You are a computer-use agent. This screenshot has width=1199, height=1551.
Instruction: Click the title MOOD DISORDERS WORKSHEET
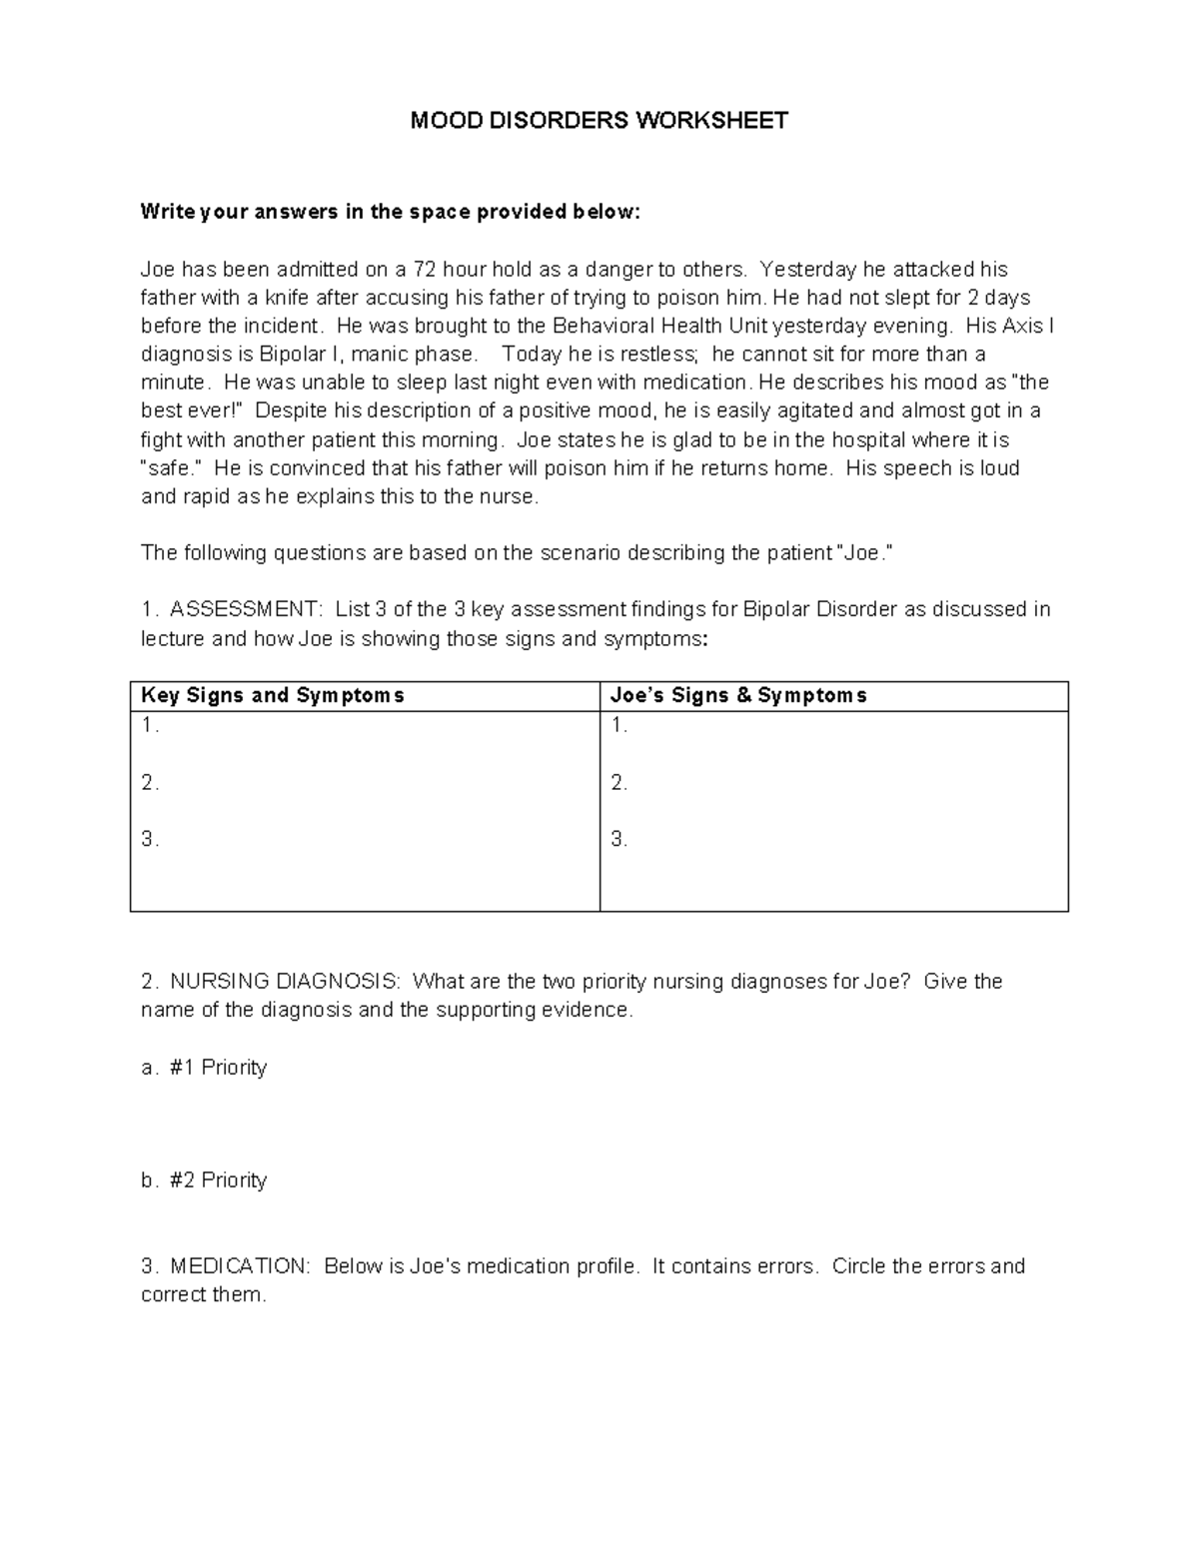(599, 121)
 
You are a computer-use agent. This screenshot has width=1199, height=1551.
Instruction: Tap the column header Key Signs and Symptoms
(272, 695)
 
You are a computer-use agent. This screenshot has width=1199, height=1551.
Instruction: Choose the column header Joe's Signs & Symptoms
(738, 695)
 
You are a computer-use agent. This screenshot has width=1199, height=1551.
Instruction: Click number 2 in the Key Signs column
(150, 783)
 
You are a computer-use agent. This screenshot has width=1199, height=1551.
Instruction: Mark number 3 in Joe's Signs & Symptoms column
(618, 840)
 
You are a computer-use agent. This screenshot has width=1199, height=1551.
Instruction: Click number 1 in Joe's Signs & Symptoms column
(618, 726)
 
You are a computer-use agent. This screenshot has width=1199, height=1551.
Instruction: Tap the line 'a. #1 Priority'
(204, 1068)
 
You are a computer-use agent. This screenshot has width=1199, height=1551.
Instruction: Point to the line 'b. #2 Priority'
(204, 1180)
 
